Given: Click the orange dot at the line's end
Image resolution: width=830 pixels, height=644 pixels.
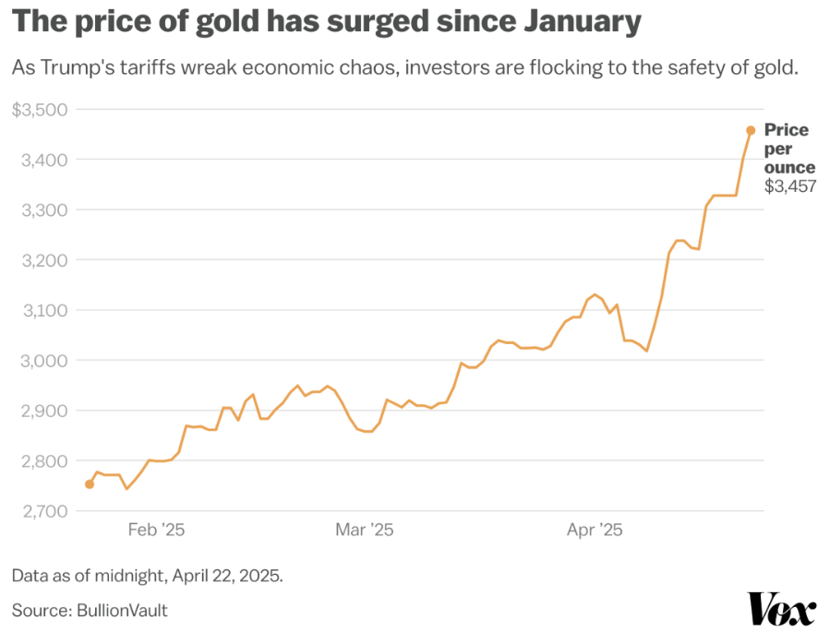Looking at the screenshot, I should tap(751, 130).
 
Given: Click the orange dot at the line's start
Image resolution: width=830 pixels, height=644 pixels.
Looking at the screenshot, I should tap(90, 483).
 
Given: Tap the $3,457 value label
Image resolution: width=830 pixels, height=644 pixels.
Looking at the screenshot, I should tap(789, 186).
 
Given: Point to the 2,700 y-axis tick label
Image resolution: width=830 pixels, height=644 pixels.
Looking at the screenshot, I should tap(42, 510).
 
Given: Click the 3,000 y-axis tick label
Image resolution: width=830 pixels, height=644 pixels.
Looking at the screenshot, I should tap(42, 360).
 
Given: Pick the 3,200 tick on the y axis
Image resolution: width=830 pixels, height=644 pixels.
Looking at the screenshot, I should tap(42, 260).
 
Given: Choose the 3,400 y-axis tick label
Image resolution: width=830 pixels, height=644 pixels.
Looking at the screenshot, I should tap(42, 160).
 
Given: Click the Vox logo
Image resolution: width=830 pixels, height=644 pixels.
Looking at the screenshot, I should tap(781, 610).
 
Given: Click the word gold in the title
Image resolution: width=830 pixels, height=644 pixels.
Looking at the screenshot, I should tap(209, 22).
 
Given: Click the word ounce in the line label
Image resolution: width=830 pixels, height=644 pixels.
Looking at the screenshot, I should tap(789, 167).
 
